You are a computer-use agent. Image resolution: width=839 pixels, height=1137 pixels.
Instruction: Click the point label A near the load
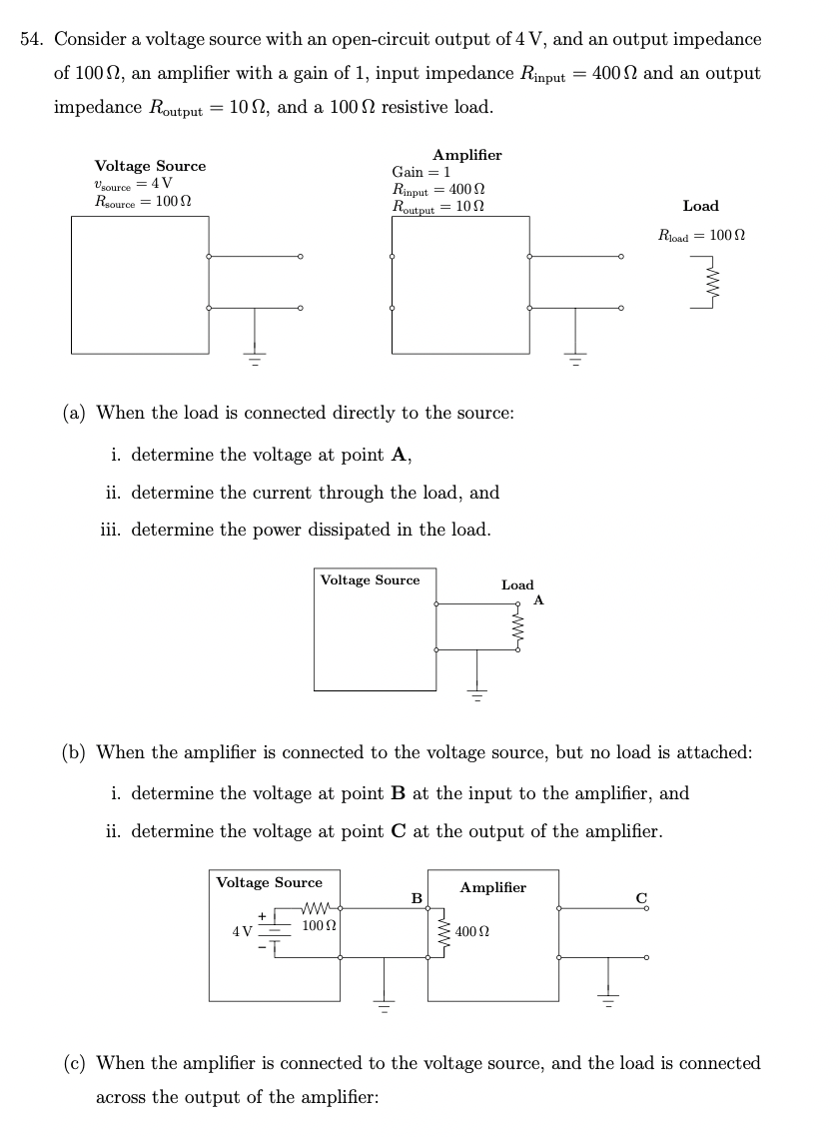(538, 599)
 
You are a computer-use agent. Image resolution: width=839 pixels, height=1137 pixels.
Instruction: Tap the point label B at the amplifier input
(418, 897)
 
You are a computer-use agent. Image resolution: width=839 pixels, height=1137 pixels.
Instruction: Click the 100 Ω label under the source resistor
(318, 926)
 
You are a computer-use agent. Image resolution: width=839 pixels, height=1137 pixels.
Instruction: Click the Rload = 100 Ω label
(701, 236)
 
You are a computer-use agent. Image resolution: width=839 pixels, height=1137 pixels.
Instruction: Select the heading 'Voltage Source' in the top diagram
(150, 166)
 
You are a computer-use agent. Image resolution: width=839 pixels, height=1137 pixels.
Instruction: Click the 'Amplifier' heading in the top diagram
(467, 155)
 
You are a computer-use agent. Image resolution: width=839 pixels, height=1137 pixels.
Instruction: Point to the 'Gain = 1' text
(422, 172)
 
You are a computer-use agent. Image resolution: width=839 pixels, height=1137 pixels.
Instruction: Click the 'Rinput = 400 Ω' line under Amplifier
(439, 189)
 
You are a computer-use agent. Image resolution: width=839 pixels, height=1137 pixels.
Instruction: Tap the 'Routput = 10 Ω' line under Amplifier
(439, 207)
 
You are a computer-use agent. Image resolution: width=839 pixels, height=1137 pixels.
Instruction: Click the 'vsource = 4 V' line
(132, 183)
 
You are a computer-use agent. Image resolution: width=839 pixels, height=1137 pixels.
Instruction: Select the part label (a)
(73, 413)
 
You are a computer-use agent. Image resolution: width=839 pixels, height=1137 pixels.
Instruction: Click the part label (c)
(73, 1063)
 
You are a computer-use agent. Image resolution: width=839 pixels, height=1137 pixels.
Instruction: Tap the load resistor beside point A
(517, 627)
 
